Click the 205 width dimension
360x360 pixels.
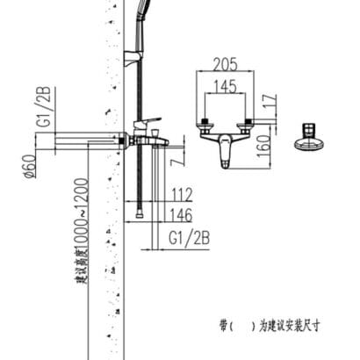coord(225,64)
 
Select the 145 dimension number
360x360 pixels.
coord(225,86)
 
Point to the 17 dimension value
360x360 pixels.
coord(271,100)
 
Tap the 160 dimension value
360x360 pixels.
coord(264,146)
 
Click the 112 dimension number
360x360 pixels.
coord(182,195)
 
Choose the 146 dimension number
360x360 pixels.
coord(181,215)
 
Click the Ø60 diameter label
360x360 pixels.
coord(31,166)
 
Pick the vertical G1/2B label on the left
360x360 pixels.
coord(45,106)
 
